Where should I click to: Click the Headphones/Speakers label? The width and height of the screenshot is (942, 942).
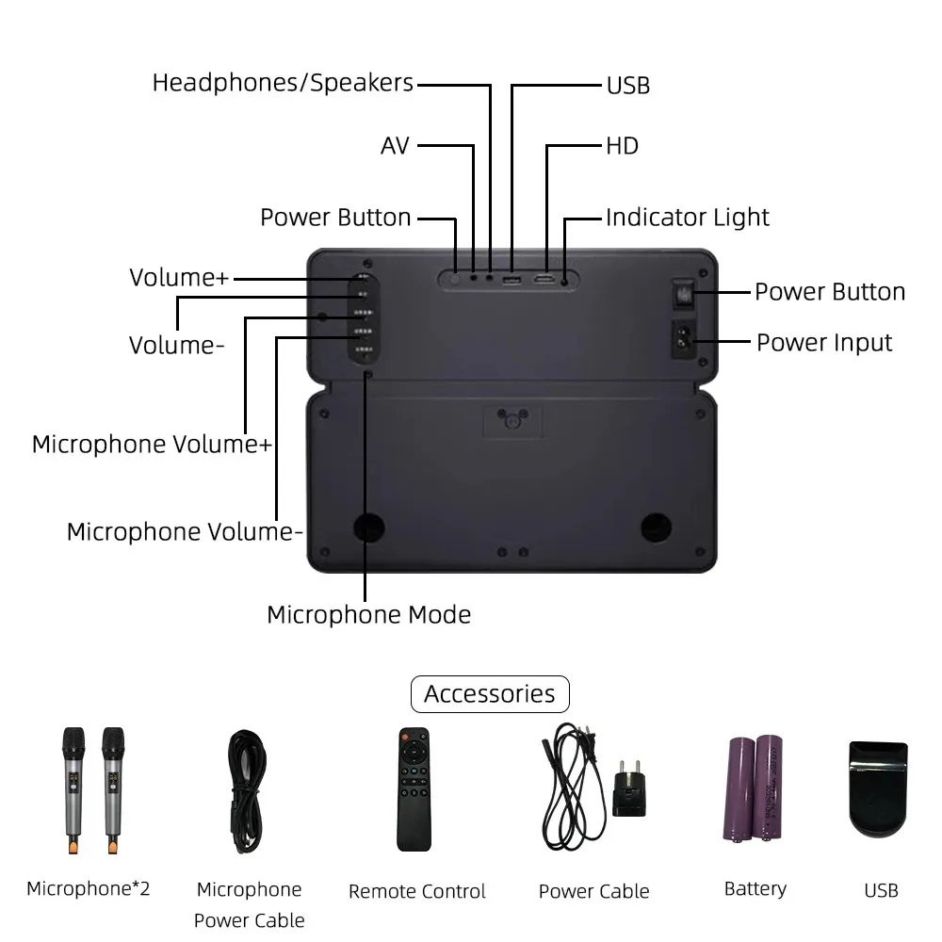[283, 83]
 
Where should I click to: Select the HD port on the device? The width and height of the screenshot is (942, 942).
[544, 279]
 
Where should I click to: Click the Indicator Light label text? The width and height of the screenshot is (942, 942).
[687, 218]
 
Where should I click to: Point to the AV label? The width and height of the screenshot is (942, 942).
[396, 146]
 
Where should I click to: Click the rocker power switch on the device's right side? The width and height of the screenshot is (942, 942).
[684, 297]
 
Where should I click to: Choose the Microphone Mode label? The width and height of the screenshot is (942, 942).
[368, 615]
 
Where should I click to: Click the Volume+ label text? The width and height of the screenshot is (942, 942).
[179, 278]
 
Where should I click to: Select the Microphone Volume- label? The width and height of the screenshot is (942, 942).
[185, 532]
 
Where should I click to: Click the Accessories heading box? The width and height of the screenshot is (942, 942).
[490, 694]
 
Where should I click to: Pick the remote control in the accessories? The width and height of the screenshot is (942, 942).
[413, 789]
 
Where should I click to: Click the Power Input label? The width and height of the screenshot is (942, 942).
[824, 343]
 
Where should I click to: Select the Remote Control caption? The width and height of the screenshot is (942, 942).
[417, 891]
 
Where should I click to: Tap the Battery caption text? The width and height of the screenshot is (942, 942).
[755, 889]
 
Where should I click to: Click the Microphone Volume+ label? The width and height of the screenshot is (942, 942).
[152, 445]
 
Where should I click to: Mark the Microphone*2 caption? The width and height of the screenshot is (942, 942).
[89, 888]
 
